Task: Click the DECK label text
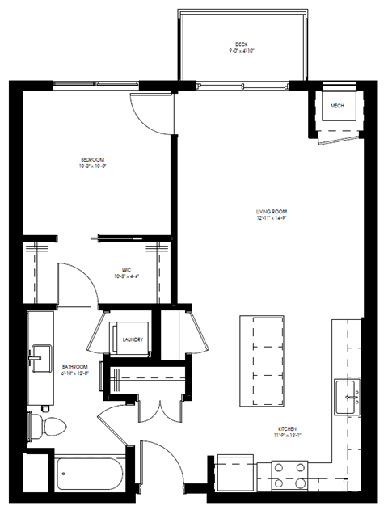pos(240,44)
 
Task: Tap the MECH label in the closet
pos(338,106)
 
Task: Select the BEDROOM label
pos(92,159)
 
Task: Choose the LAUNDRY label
pos(133,339)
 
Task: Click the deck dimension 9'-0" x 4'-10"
pos(240,51)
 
